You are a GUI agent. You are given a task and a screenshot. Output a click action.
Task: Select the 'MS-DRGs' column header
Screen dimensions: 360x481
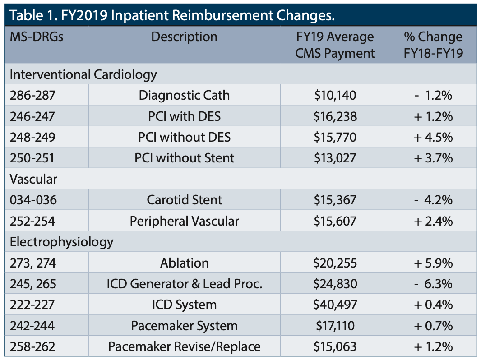37,37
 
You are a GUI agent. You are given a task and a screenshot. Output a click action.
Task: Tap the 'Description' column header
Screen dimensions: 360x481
184,37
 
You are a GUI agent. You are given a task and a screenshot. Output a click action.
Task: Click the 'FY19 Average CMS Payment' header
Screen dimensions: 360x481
335,45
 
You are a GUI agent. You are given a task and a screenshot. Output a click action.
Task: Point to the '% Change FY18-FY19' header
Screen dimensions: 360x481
433,45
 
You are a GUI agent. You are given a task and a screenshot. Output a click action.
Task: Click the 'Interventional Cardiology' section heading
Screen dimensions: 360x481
83,74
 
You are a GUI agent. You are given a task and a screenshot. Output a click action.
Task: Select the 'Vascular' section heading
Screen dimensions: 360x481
33,179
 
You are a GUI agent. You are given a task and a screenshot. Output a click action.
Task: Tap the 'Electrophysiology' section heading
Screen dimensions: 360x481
61,242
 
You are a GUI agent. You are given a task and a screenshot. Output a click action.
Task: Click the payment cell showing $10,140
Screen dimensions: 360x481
335,95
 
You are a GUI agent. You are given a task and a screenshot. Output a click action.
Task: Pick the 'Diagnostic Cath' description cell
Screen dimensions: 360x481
184,95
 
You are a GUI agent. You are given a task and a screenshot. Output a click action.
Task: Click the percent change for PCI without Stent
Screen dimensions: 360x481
433,158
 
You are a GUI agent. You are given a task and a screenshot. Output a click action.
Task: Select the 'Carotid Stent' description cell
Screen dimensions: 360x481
184,200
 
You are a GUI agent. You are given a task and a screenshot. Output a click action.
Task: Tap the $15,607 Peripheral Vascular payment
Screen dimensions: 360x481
335,221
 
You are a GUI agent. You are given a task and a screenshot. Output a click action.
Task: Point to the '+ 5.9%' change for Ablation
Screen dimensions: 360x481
433,263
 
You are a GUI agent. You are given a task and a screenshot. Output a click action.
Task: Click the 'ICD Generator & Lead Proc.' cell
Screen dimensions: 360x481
184,284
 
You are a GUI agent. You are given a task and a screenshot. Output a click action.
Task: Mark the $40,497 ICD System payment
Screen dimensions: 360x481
335,305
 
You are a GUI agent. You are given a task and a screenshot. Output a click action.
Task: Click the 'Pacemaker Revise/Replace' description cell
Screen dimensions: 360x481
184,346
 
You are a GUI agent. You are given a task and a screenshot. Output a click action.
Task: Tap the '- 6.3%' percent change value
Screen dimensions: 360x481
433,284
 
